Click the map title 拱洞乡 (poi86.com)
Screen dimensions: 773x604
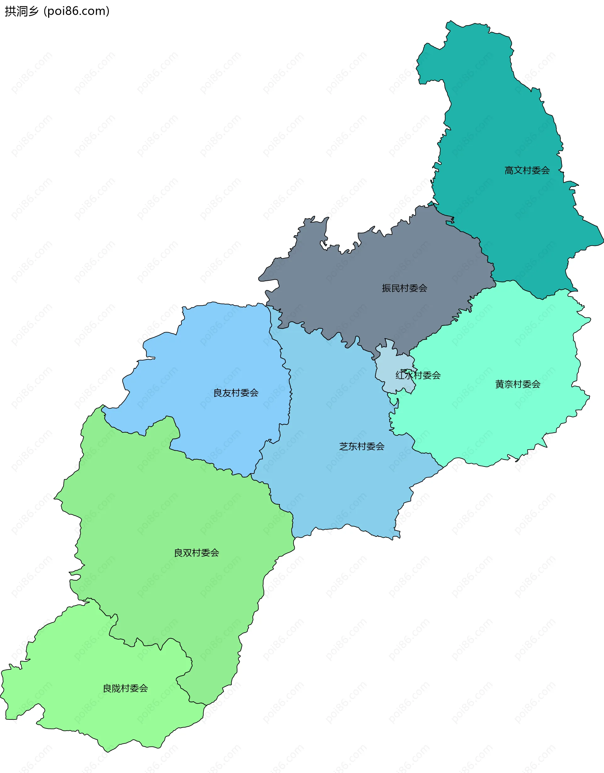(57, 11)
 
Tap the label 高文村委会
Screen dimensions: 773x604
(527, 171)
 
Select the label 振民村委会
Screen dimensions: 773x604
(404, 288)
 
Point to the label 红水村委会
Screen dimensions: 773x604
(418, 375)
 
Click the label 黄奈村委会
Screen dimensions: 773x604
(518, 384)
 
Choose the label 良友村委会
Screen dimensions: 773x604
(236, 393)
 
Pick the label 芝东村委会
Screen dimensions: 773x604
(362, 446)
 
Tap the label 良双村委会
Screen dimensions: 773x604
(196, 553)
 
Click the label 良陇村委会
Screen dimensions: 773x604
(125, 688)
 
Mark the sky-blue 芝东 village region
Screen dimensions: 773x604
(336, 488)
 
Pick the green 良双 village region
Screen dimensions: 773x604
(170, 513)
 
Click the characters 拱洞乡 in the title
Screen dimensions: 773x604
(21, 11)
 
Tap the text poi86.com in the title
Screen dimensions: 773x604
(76, 11)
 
